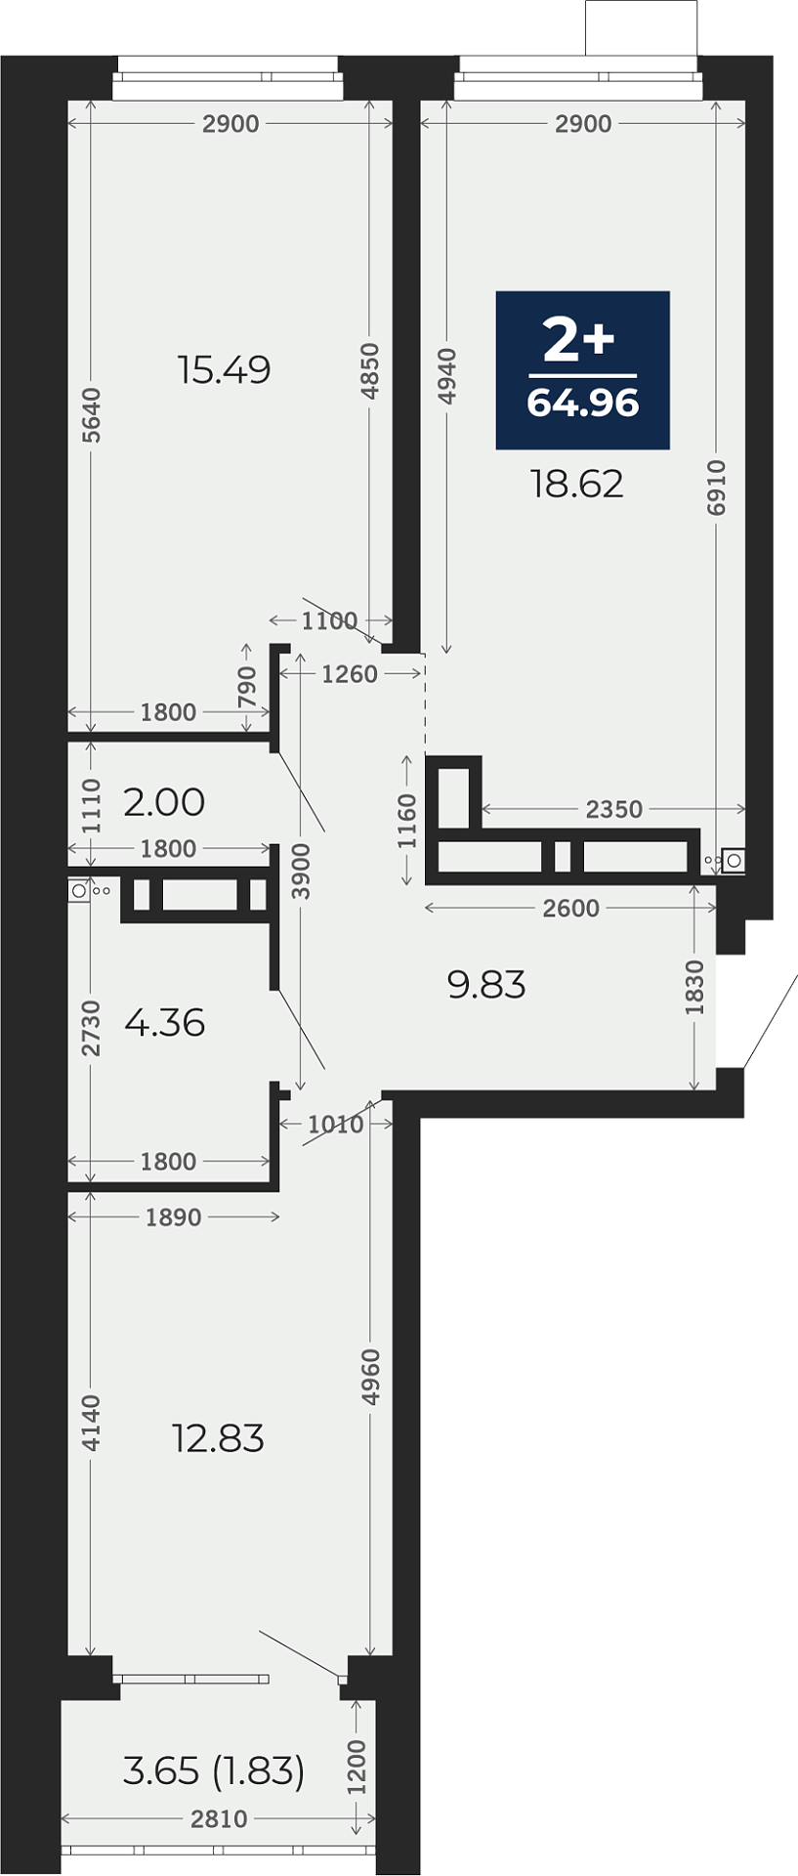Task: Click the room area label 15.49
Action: pyautogui.click(x=225, y=370)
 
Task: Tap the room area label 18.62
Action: pyautogui.click(x=577, y=484)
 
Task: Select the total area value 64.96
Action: pyautogui.click(x=583, y=403)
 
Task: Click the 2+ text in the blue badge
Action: pyautogui.click(x=579, y=340)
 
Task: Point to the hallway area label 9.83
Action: pyautogui.click(x=486, y=984)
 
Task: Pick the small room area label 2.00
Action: pyautogui.click(x=164, y=802)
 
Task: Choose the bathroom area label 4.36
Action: pyautogui.click(x=165, y=1023)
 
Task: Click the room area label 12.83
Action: pyautogui.click(x=218, y=1438)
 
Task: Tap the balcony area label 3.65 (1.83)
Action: pyautogui.click(x=214, y=1770)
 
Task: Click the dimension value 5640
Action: pyautogui.click(x=91, y=415)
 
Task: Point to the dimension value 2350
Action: pyautogui.click(x=614, y=809)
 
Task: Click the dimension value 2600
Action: pyautogui.click(x=571, y=909)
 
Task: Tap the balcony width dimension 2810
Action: pyautogui.click(x=220, y=1819)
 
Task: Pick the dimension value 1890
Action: pyautogui.click(x=173, y=1217)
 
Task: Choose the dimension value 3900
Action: pyautogui.click(x=301, y=872)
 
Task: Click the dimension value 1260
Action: pyautogui.click(x=350, y=674)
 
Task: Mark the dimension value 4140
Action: pyautogui.click(x=90, y=1422)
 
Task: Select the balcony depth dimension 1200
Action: pyautogui.click(x=357, y=1767)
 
